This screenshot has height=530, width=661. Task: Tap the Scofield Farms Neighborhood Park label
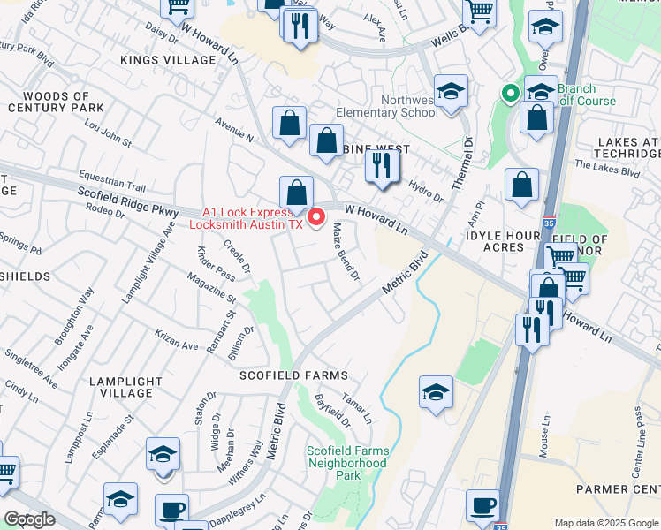(x=346, y=463)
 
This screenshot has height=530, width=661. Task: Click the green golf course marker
(x=510, y=93)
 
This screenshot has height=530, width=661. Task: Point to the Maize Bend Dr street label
(x=345, y=253)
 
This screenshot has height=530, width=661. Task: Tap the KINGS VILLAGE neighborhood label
(x=169, y=60)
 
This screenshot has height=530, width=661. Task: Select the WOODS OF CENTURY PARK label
(x=56, y=102)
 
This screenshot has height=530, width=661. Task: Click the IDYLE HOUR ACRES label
(x=505, y=243)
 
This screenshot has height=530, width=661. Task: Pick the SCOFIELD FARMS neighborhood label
(x=295, y=375)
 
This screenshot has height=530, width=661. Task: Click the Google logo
(x=28, y=519)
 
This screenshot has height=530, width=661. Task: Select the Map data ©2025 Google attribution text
(x=605, y=522)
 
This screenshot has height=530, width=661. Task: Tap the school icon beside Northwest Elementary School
(x=451, y=91)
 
